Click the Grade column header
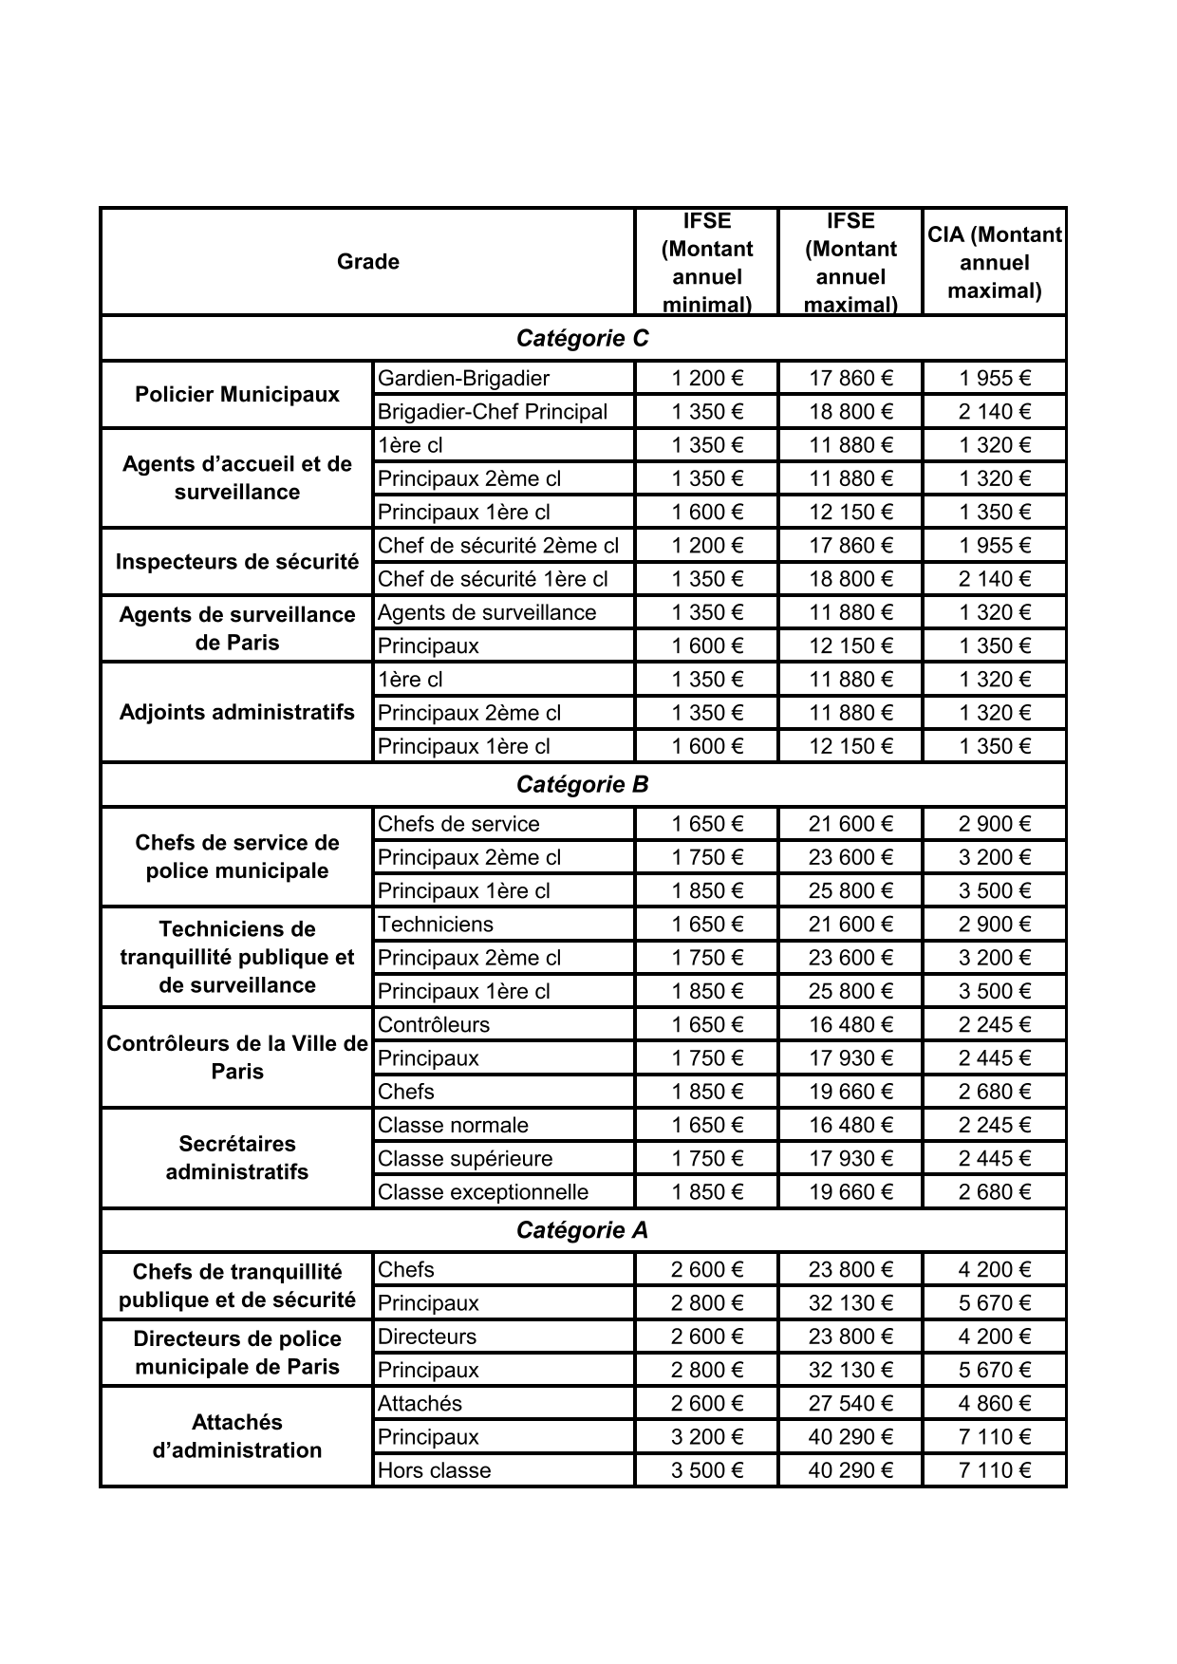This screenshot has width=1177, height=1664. coord(368,262)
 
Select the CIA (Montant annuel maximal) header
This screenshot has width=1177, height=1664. coord(994,263)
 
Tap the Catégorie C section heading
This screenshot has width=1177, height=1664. coord(582,339)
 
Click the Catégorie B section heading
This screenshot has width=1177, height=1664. coord(582,785)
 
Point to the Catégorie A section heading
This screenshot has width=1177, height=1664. coord(582,1231)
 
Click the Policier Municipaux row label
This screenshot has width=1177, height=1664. coord(237,395)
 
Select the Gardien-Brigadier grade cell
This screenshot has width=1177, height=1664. coord(464,379)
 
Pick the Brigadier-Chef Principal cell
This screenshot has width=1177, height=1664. coord(493,412)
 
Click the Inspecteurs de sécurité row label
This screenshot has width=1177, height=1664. coord(237,562)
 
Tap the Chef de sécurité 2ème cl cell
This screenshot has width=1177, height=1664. coord(498,546)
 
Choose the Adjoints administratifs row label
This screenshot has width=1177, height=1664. coord(237,713)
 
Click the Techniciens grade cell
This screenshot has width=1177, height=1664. coord(436,925)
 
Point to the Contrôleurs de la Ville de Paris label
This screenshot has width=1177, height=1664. coord(237,1057)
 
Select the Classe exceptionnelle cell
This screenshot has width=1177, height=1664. coord(483,1192)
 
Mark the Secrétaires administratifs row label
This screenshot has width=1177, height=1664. coord(237,1158)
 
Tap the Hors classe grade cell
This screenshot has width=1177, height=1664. coord(435,1471)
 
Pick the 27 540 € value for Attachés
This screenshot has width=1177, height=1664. coord(850,1404)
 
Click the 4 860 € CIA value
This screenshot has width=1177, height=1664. coord(994,1404)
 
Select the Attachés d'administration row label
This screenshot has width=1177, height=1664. coord(237,1437)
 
